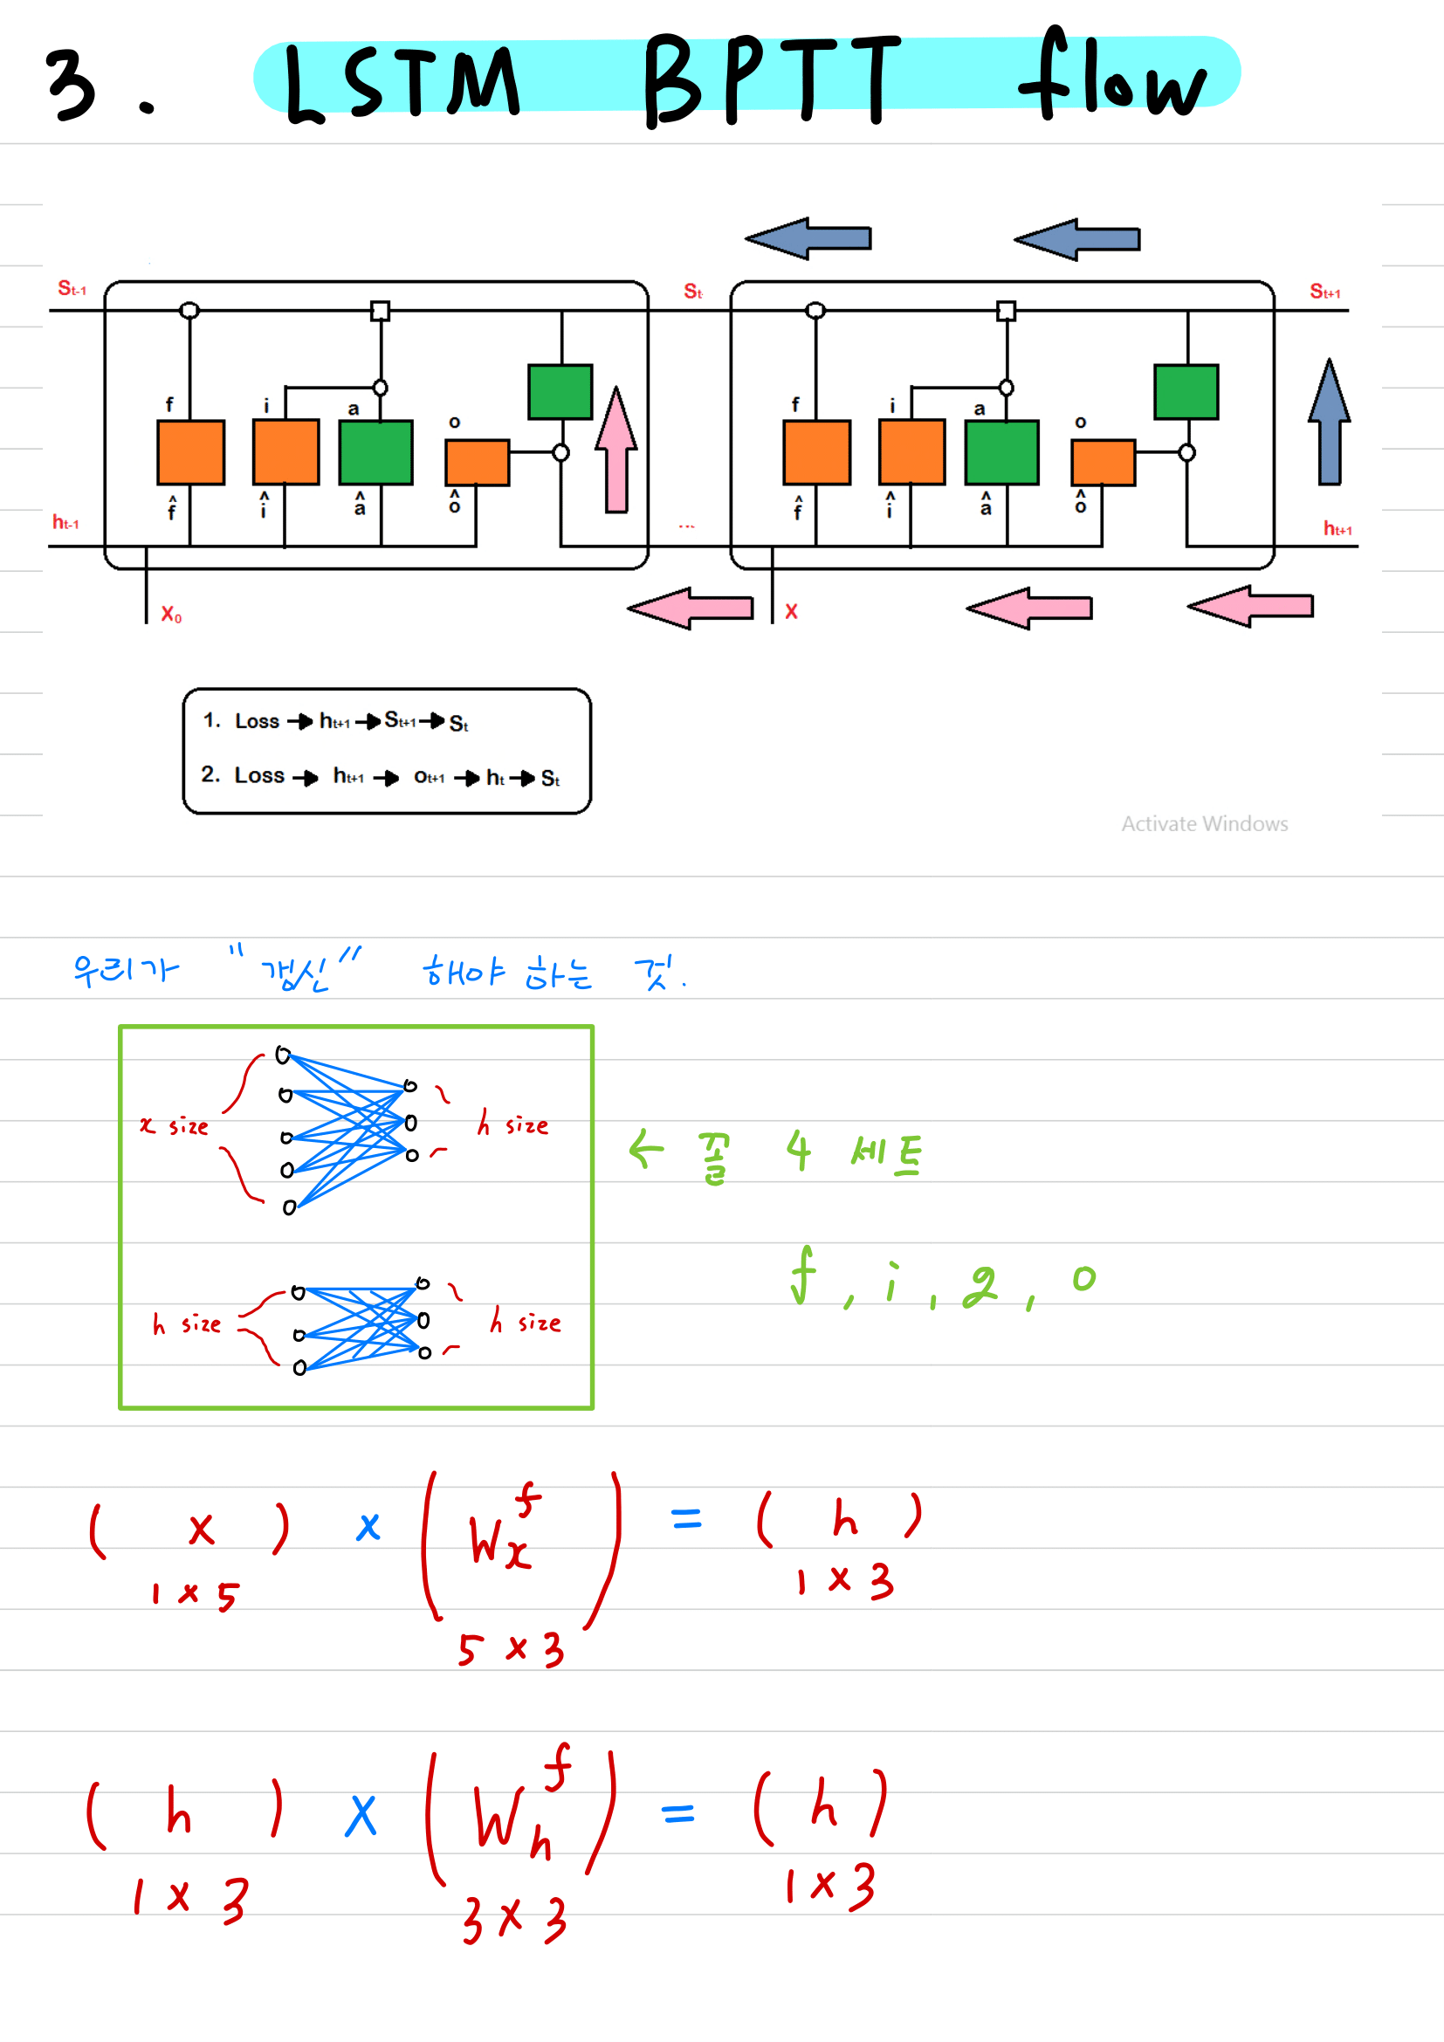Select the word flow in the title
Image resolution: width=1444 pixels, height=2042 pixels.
pos(1111,77)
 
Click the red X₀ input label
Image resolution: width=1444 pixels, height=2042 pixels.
pos(171,615)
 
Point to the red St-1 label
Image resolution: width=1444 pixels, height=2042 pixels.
pos(72,289)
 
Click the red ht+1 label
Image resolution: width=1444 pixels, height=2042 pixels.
pos(1337,529)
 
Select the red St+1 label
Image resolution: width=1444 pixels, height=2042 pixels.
pos(1325,292)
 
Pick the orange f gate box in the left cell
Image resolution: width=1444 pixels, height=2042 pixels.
pos(191,452)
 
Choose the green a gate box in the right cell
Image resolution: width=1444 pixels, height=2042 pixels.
pos(1002,452)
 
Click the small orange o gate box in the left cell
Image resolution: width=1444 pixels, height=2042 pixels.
pos(478,463)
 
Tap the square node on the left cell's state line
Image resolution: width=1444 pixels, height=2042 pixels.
pos(381,311)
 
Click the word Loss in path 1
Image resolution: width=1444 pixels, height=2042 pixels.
pos(257,721)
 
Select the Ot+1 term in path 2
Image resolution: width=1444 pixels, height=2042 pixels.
pos(430,777)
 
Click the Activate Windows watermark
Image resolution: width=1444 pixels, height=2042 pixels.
pos(1204,824)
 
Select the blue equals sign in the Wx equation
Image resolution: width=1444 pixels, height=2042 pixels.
pos(686,1518)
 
